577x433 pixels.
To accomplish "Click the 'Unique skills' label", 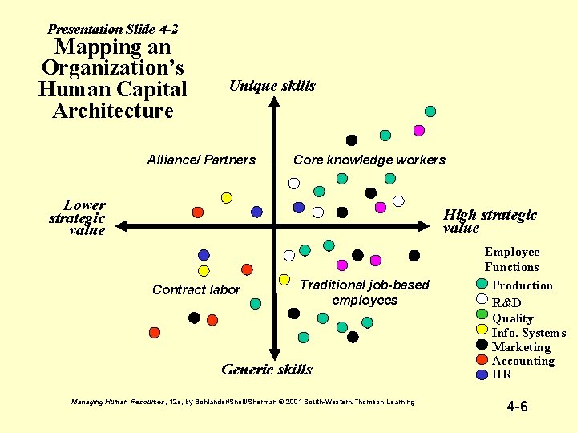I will tap(272, 86).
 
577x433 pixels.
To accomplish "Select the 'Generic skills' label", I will tap(266, 370).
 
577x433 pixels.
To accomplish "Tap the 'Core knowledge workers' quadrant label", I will tap(369, 160).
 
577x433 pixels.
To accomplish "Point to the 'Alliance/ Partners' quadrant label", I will tap(201, 160).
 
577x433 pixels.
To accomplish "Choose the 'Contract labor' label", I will tap(196, 289).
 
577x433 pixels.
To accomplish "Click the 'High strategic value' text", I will tap(490, 221).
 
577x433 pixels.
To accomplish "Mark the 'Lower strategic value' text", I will tap(79, 217).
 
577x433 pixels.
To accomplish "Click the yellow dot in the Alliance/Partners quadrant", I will tap(227, 197).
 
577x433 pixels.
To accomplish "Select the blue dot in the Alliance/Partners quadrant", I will tap(256, 212).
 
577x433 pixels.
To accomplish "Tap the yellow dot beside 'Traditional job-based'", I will tap(284, 280).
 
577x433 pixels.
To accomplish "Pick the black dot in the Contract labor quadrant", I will tap(194, 318).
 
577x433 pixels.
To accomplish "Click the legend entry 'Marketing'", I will tap(521, 347).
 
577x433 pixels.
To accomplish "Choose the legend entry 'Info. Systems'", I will tap(528, 333).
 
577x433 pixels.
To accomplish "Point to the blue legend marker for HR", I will tap(482, 374).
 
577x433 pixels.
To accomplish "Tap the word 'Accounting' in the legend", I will tap(523, 361).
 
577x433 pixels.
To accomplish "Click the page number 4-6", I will tap(517, 407).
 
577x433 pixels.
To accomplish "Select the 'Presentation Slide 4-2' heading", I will tap(113, 29).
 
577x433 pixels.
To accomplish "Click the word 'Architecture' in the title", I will tap(112, 111).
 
